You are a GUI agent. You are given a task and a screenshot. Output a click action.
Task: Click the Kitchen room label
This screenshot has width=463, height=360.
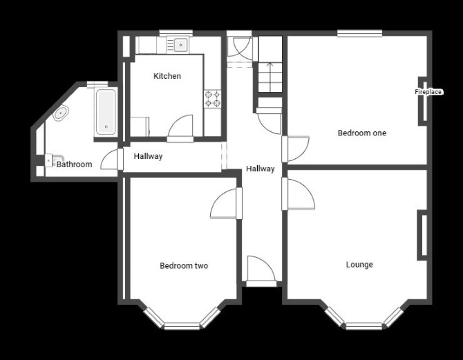[x=167, y=76]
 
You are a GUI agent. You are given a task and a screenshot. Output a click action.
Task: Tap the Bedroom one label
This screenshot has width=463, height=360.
[x=362, y=133]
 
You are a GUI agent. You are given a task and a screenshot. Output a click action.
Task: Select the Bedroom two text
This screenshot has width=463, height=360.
[x=184, y=266]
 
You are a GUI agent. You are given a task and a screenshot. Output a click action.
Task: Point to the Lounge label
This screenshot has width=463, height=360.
[x=359, y=265]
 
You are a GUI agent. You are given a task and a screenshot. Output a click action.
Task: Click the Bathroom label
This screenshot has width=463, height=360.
[x=74, y=164]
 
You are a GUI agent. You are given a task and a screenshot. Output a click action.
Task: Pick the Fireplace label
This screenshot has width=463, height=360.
[x=428, y=92]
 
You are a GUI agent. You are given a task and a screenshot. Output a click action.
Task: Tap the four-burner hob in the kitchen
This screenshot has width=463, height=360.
[x=213, y=99]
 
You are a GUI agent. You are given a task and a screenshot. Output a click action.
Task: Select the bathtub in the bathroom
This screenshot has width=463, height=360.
[x=106, y=112]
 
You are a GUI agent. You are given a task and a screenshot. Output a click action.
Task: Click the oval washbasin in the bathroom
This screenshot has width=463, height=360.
[x=61, y=113]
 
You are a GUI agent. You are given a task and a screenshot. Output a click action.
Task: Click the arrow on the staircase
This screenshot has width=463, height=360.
[x=270, y=77]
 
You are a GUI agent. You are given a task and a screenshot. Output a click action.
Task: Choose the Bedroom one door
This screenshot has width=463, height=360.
[x=295, y=149]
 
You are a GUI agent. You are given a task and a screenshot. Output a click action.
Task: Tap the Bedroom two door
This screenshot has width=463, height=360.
[x=226, y=203]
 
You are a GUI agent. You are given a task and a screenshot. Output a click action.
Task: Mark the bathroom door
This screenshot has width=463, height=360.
[x=112, y=159]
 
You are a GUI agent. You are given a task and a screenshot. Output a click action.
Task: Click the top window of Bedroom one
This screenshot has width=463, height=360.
[x=359, y=33]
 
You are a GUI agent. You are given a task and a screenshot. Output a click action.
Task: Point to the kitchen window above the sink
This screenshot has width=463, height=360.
[x=176, y=33]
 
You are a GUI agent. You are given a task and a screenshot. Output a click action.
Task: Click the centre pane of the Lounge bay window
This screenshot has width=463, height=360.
[x=363, y=326]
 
